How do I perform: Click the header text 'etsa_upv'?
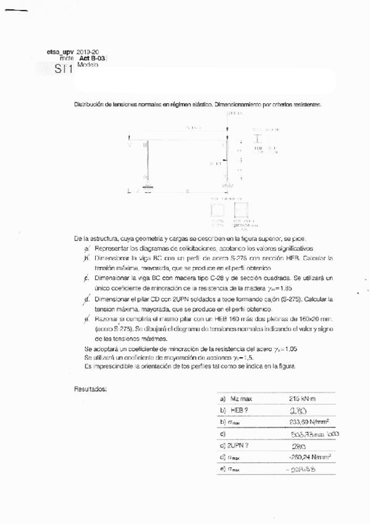coord(60,53)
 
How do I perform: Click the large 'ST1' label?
coord(63,69)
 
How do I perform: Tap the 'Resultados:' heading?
coord(90,389)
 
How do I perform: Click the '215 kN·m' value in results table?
coord(302,399)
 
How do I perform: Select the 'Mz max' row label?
coord(242,399)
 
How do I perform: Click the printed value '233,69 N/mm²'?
coord(308,422)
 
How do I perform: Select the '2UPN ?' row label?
coord(242,446)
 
